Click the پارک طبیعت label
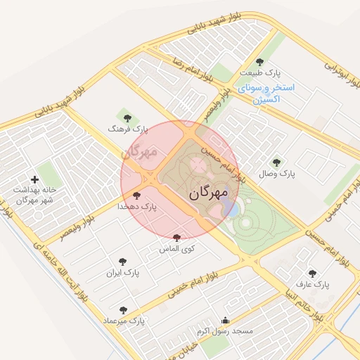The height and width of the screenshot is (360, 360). tap(259, 73)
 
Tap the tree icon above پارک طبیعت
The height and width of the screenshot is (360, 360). tap(260, 62)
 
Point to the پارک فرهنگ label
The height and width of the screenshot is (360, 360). tap(129, 129)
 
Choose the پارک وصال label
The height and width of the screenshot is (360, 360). tap(277, 173)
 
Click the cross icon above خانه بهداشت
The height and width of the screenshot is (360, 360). tap(34, 180)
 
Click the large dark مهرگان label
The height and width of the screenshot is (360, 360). tap(214, 193)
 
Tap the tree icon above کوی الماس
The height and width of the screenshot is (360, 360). tap(176, 238)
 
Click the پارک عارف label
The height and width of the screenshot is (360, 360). tap(313, 285)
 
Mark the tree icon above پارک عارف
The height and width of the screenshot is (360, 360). tap(313, 274)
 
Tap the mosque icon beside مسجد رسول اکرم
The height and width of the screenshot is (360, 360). tap(225, 320)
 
